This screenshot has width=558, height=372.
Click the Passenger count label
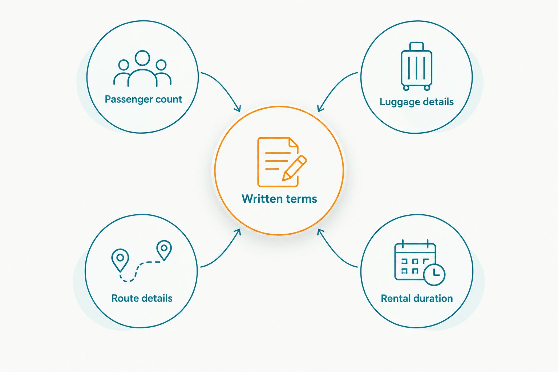pyautogui.click(x=143, y=100)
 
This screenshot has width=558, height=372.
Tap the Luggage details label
pyautogui.click(x=417, y=102)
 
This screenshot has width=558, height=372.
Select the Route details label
pyautogui.click(x=142, y=298)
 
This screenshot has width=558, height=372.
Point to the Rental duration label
pyautogui.click(x=417, y=298)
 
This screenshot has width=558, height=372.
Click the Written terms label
pyautogui.click(x=279, y=199)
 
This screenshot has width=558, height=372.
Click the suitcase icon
pyautogui.click(x=416, y=66)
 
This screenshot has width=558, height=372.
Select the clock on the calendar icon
pyautogui.click(x=434, y=274)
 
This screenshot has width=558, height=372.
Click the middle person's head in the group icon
pyautogui.click(x=142, y=58)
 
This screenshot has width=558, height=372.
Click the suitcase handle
pyautogui.click(x=416, y=46)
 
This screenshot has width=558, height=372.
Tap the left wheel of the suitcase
pyautogui.click(x=406, y=88)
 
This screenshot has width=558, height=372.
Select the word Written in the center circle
pyautogui.click(x=262, y=199)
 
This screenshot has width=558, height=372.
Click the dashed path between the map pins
pyautogui.click(x=136, y=270)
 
